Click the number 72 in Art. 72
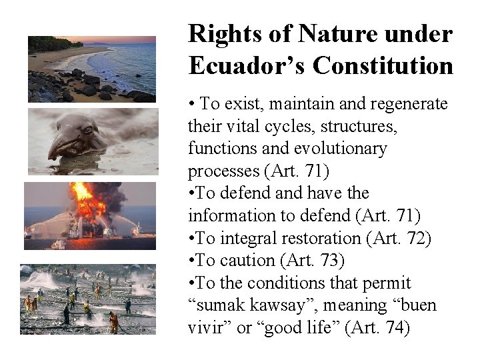[415, 238]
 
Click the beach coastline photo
[91, 69]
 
